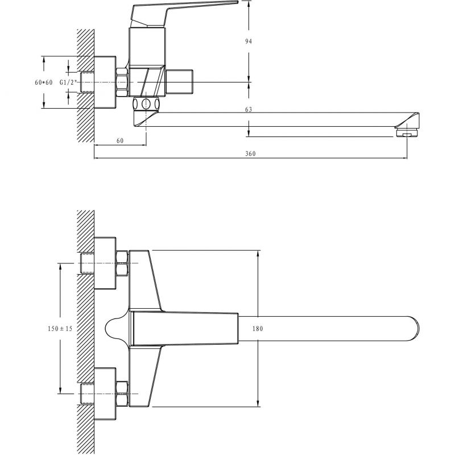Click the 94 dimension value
(249, 41)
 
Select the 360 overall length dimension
(250, 154)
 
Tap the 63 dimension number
(249, 109)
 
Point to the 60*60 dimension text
(44, 82)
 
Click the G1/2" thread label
(68, 82)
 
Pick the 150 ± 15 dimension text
(60, 329)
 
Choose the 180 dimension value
(258, 329)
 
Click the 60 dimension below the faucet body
(120, 140)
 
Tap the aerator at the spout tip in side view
(407, 133)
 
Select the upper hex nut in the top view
(122, 263)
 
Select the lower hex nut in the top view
(122, 394)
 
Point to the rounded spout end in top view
(413, 329)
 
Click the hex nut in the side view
(122, 82)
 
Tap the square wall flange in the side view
(105, 82)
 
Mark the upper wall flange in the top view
(105, 263)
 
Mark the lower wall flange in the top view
(105, 394)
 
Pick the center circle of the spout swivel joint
(146, 104)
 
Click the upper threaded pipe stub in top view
(87, 263)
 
